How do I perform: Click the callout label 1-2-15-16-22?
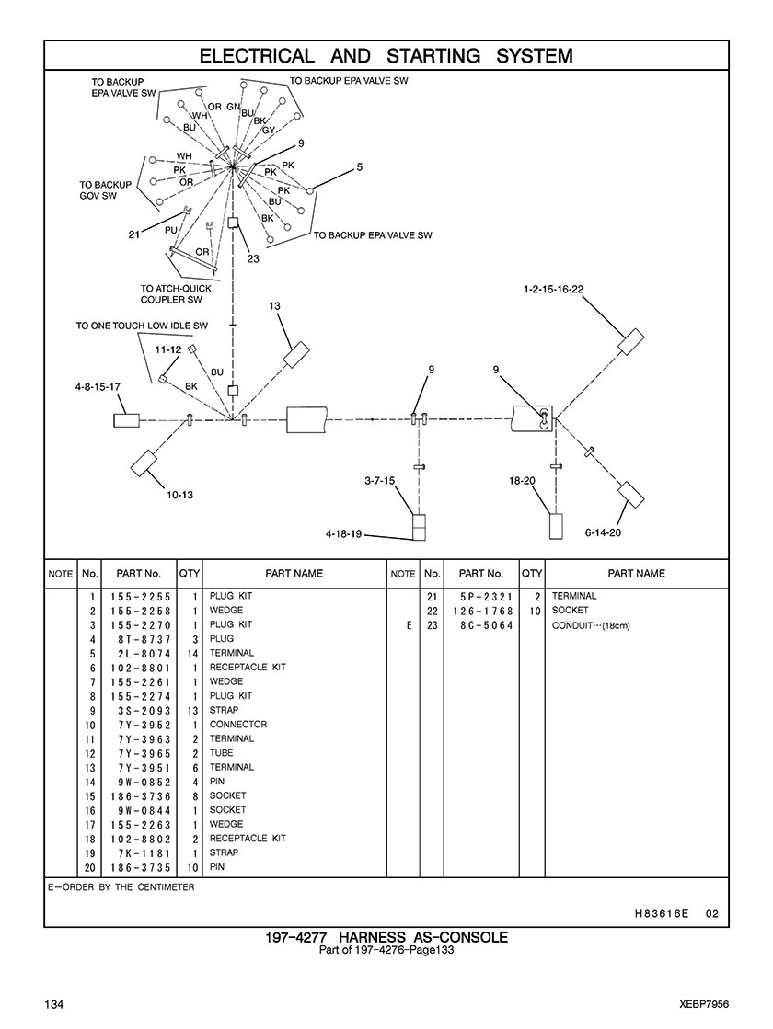(553, 289)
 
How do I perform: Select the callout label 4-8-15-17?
(98, 387)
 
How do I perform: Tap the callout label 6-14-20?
(603, 532)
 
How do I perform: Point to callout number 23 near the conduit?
(253, 258)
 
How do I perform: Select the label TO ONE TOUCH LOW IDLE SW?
(142, 326)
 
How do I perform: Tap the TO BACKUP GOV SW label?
(105, 189)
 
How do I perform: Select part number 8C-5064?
(487, 625)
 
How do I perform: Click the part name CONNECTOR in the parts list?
(237, 725)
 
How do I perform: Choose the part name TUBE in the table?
(222, 753)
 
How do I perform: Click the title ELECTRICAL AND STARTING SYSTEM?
(386, 56)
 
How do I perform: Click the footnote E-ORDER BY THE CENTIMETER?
(121, 888)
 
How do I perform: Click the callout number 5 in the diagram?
(360, 167)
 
